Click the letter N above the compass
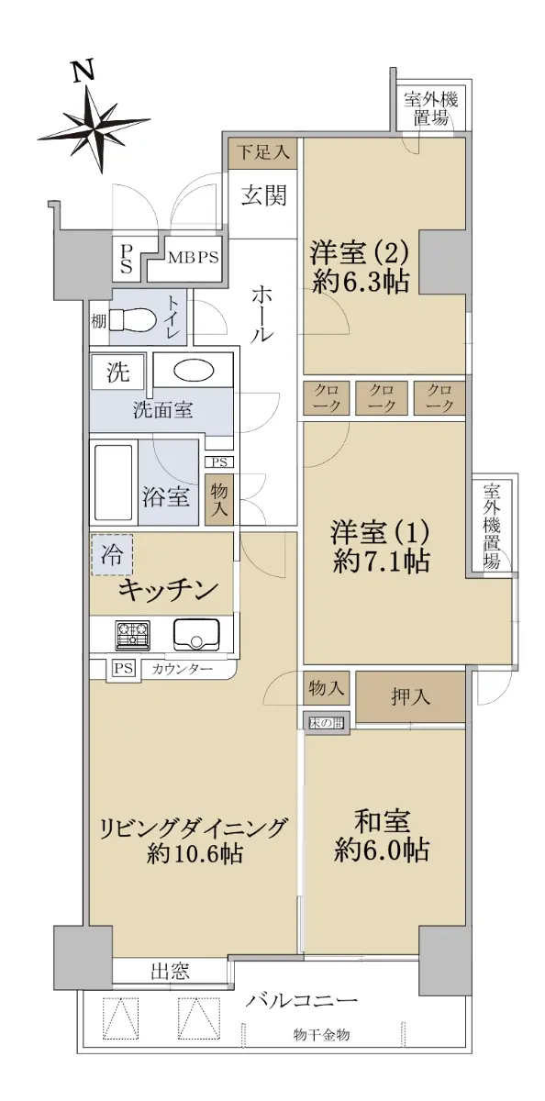pos(83,72)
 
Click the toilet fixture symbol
pos(133,320)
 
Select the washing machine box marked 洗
pos(118,372)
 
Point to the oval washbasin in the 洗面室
pos(193,371)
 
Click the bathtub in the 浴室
pos(113,484)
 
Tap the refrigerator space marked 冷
pos(112,555)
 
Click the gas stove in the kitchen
pos(132,633)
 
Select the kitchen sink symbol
pos(196,634)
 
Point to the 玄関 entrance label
pos(263,196)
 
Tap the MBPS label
pos(193,258)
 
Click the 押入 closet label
pos(411,697)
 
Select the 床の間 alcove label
pos(327,723)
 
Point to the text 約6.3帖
pos(361,283)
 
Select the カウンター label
pos(183,669)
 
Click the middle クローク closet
pos(382,397)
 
